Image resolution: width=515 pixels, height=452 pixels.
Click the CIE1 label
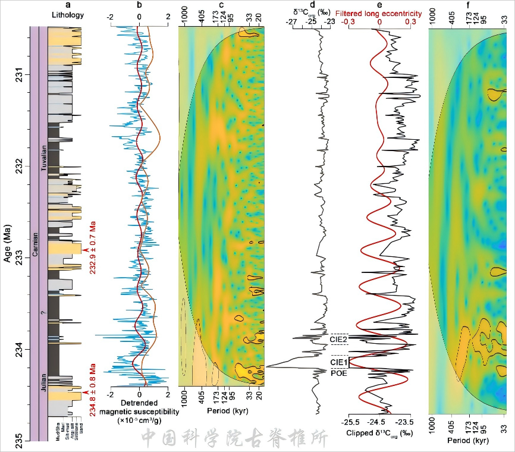pyautogui.click(x=338, y=362)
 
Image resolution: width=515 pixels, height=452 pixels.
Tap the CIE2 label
pyautogui.click(x=338, y=339)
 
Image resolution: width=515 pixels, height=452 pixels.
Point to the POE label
pyautogui.click(x=338, y=373)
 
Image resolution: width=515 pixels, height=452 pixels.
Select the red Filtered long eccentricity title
pyautogui.click(x=381, y=14)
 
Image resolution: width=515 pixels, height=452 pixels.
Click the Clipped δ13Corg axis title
pyautogui.click(x=380, y=433)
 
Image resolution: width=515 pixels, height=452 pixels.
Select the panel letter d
pyautogui.click(x=321, y=5)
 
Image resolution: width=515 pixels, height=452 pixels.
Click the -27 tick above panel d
pyautogui.click(x=291, y=22)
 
